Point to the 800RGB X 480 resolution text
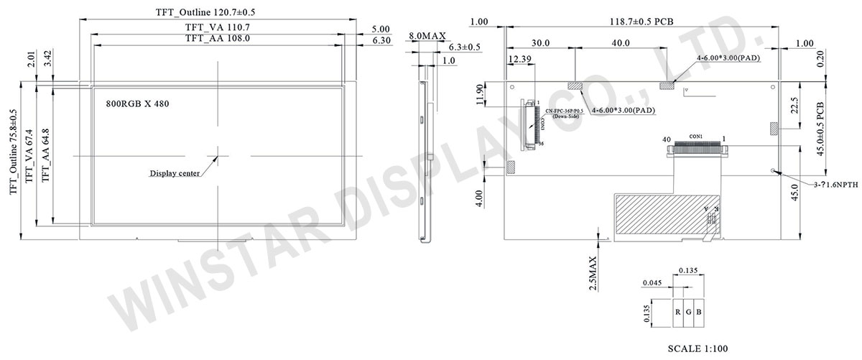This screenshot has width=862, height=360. coord(138,103)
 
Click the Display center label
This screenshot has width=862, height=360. coord(175,173)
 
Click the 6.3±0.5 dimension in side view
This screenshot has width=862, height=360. coord(464,47)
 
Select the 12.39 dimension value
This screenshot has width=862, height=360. coord(519,57)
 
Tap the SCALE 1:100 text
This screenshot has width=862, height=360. coord(698,349)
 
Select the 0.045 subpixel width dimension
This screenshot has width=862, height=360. coord(652,282)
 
